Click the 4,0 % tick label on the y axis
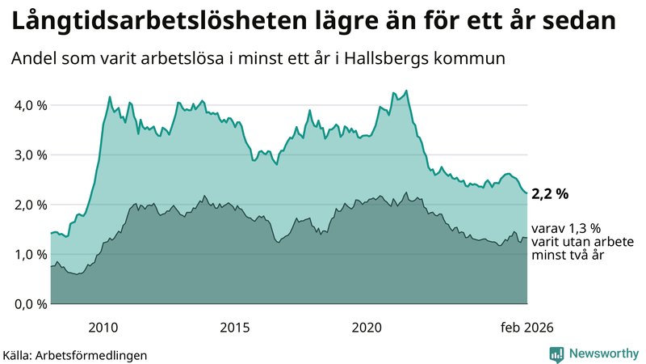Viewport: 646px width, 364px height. [x=28, y=105]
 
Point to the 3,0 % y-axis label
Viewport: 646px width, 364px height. [x=28, y=154]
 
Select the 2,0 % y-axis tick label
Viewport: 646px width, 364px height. [x=28, y=205]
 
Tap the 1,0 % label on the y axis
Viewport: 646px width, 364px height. [x=28, y=254]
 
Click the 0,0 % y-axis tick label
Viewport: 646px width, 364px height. [x=28, y=304]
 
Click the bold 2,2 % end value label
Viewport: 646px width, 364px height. [x=550, y=193]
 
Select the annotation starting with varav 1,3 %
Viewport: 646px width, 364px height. [x=565, y=241]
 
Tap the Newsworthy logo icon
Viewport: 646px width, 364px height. [x=557, y=353]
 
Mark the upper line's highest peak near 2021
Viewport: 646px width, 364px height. [x=406, y=91]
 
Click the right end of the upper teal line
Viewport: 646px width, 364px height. [x=526, y=193]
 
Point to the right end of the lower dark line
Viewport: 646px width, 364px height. [x=526, y=238]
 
